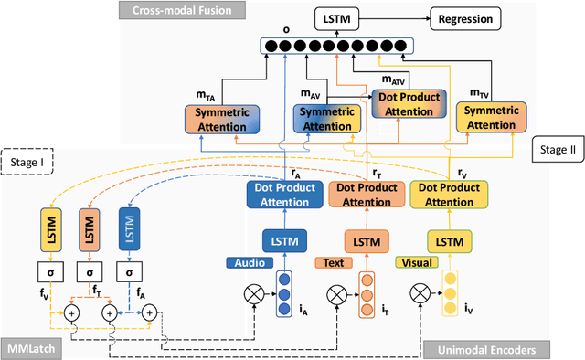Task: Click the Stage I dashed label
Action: pyautogui.click(x=30, y=165)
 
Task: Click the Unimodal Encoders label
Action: pyautogui.click(x=484, y=348)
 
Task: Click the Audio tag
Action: pyautogui.click(x=250, y=263)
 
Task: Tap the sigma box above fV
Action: pyautogui.click(x=51, y=272)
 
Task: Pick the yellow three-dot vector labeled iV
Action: pyautogui.click(x=448, y=292)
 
